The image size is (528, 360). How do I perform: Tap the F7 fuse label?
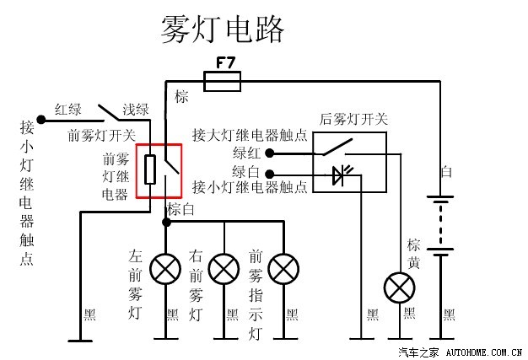point(225,62)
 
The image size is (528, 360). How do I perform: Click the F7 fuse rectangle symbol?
point(224,81)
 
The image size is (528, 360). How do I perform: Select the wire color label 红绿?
point(68,109)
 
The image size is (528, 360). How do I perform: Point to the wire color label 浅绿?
point(135,109)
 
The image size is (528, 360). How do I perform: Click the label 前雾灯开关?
point(101,135)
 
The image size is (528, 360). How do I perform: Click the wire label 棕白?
point(180,208)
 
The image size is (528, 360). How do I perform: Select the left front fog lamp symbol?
point(164,269)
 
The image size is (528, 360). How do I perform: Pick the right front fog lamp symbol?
point(224,269)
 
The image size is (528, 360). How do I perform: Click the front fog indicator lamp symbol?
point(284,269)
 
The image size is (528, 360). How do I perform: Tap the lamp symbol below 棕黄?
point(400,287)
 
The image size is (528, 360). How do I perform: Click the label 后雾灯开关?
point(354,120)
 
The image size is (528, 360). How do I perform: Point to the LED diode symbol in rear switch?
point(339,176)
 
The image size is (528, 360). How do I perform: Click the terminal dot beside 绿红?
point(270,153)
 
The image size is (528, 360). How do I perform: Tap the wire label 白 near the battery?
point(447,171)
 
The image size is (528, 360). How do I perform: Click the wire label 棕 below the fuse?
point(181,97)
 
